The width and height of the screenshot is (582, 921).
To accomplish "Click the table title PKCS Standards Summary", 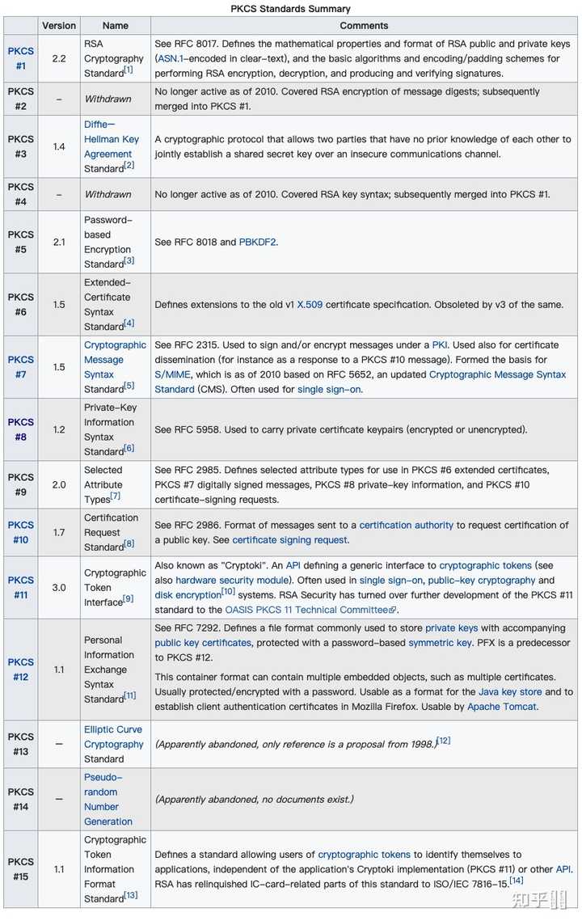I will pyautogui.click(x=290, y=9).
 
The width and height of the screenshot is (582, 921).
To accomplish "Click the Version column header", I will pyautogui.click(x=59, y=26).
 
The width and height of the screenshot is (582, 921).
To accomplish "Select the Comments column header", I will pyautogui.click(x=364, y=26).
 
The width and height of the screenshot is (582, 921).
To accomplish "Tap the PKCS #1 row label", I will pyautogui.click(x=21, y=58).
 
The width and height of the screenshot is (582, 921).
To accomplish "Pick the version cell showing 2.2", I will pyautogui.click(x=59, y=58).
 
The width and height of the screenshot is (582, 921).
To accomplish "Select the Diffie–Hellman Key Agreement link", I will pyautogui.click(x=112, y=139).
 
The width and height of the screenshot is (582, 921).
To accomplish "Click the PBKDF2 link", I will pyautogui.click(x=258, y=242).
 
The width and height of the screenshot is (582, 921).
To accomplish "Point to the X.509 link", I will pyautogui.click(x=311, y=305).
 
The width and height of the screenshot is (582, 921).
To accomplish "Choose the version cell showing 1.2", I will pyautogui.click(x=59, y=429).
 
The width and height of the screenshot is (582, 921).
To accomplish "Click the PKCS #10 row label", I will pyautogui.click(x=21, y=532).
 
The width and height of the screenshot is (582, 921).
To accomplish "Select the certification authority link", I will pyautogui.click(x=406, y=525).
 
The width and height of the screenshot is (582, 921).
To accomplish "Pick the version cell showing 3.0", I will pyautogui.click(x=59, y=587).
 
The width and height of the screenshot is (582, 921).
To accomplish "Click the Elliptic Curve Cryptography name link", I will pyautogui.click(x=113, y=737).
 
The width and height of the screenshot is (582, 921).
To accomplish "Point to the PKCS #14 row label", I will pyautogui.click(x=21, y=799).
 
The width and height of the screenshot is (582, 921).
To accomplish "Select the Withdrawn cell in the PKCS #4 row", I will pyautogui.click(x=108, y=194).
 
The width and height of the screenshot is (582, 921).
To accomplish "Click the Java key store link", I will pyautogui.click(x=509, y=692).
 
